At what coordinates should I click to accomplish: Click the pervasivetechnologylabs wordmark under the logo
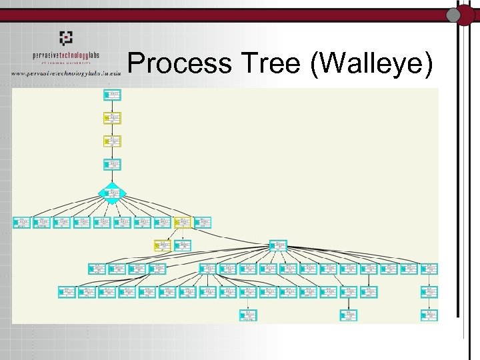(x=65, y=56)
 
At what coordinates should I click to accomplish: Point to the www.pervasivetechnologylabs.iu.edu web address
(x=65, y=73)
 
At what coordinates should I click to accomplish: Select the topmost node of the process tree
(x=113, y=95)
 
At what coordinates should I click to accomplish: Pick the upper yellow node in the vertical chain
(x=113, y=118)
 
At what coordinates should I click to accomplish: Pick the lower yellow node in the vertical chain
(x=113, y=141)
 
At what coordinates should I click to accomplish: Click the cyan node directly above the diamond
(x=113, y=164)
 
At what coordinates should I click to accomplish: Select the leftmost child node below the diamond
(x=22, y=222)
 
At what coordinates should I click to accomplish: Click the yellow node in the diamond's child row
(x=182, y=222)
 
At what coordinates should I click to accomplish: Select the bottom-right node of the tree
(x=430, y=315)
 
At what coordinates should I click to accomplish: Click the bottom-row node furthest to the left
(x=248, y=315)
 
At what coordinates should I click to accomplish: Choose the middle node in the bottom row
(x=348, y=315)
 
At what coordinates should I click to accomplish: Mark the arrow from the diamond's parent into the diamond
(x=113, y=177)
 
